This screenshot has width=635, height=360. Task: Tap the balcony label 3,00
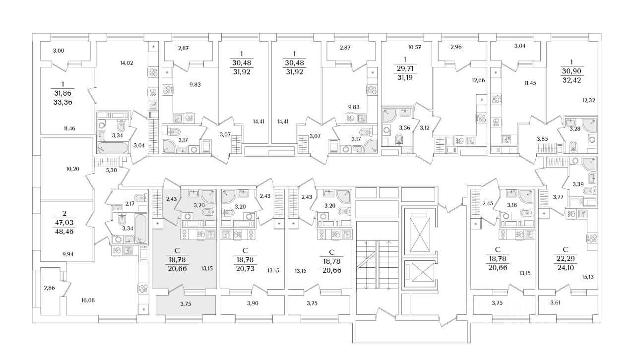59,51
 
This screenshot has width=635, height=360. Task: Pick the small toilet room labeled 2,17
129,204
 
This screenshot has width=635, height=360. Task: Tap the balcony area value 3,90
253,303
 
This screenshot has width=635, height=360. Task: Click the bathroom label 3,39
578,184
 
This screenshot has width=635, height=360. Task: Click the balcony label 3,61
555,303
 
